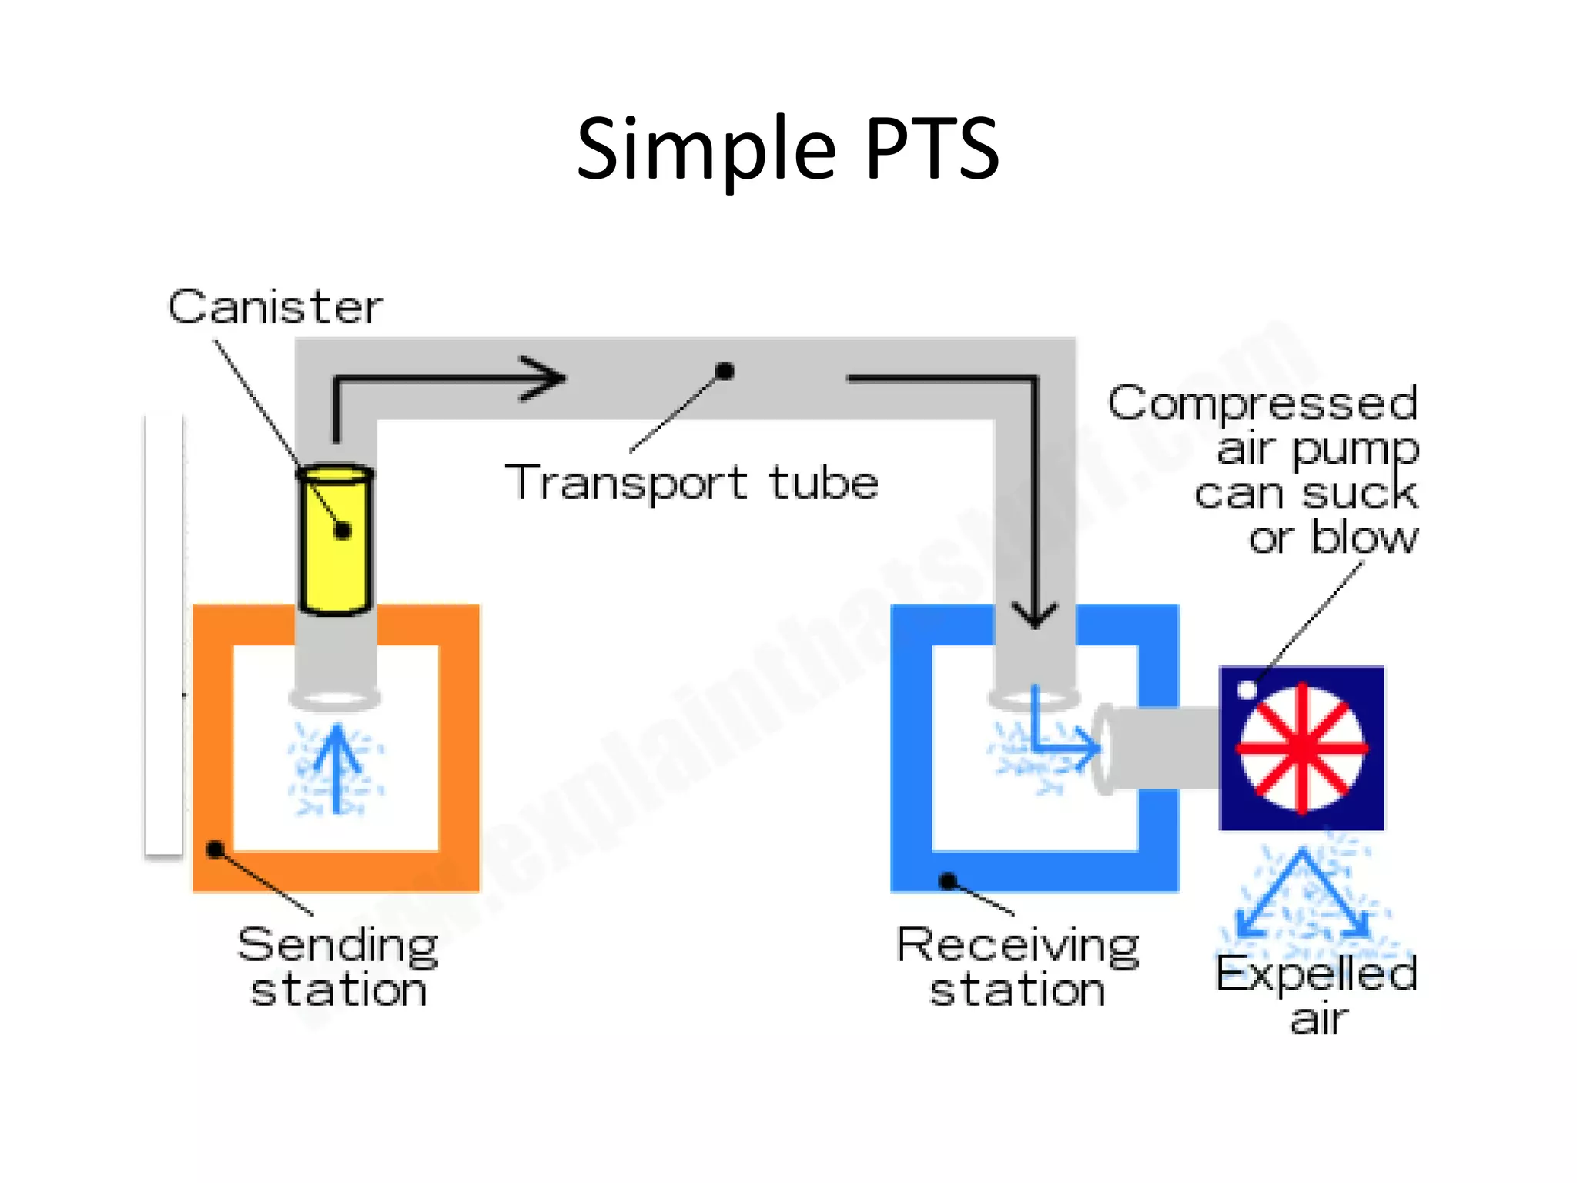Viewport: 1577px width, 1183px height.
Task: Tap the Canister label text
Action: click(275, 307)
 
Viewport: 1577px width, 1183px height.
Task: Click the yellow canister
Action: click(336, 539)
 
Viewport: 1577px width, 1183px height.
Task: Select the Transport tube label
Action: click(691, 483)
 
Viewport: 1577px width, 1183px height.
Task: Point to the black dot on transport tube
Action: click(724, 372)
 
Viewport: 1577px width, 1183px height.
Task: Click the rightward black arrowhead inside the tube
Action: click(544, 378)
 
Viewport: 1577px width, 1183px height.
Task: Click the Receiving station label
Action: click(1017, 967)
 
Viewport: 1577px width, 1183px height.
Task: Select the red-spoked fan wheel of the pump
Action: click(1301, 748)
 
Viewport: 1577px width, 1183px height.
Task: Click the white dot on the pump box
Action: click(1247, 689)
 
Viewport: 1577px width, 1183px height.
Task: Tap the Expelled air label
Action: click(1317, 994)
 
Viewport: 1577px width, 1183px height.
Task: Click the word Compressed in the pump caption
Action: click(1263, 403)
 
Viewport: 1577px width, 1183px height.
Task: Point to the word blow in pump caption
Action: click(1364, 537)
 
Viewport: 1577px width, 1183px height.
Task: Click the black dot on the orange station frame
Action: click(216, 850)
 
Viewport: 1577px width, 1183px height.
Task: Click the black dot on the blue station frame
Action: click(949, 880)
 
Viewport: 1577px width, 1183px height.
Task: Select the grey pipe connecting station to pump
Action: click(1163, 748)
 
